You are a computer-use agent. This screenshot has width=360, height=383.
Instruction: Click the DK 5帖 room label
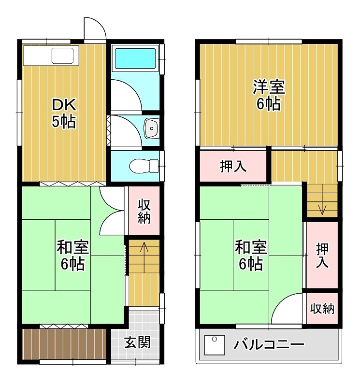[x=63, y=113]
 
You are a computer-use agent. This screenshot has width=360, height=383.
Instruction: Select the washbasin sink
[x=152, y=128]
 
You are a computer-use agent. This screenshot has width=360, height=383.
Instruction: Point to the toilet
[x=144, y=166]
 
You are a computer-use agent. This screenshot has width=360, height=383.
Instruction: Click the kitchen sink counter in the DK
[x=51, y=56]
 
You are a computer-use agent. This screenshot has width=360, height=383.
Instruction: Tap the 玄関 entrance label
[x=137, y=342]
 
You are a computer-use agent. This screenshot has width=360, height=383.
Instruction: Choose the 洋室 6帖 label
[x=269, y=96]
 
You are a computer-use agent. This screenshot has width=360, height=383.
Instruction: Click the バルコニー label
[x=269, y=345]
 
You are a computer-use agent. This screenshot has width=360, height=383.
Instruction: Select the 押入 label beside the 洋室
[x=233, y=167]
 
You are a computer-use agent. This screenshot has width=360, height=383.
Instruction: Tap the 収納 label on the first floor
[x=144, y=211]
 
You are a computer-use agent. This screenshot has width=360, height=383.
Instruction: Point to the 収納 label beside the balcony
[x=322, y=308]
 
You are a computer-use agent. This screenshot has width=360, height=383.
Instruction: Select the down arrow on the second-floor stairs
[x=322, y=209]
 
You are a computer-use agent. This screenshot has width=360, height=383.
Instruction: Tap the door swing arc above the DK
[x=95, y=29]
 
